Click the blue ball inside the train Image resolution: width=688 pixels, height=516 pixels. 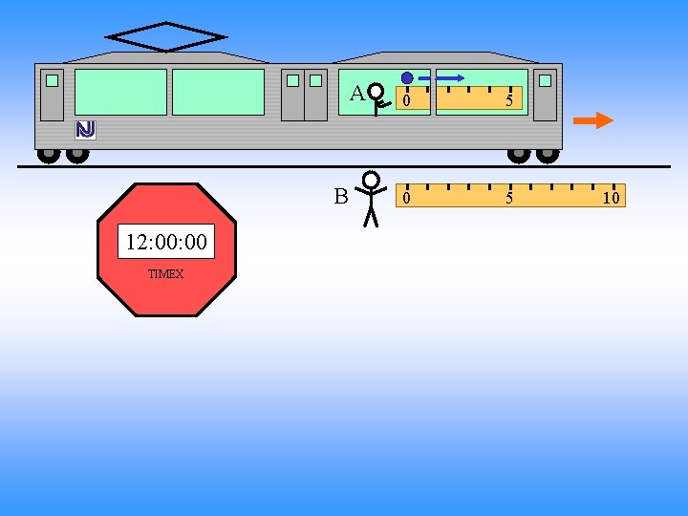tap(407, 77)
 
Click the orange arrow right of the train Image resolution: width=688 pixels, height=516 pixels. tap(592, 120)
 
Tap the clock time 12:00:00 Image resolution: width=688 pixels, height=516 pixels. tap(166, 243)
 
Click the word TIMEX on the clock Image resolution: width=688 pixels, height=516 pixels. tap(166, 274)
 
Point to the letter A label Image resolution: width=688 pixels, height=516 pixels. tap(356, 94)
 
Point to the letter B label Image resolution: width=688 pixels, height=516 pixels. tap(341, 197)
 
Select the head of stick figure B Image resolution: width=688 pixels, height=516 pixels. tap(372, 180)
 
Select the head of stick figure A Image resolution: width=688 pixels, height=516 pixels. tap(377, 92)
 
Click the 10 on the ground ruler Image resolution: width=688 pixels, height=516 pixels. tap(611, 199)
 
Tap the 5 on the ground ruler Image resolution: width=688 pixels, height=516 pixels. tap(509, 199)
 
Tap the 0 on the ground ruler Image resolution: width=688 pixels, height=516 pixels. tap(407, 199)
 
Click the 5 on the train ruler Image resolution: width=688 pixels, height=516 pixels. tap(509, 100)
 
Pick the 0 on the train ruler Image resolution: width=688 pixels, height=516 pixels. tap(407, 100)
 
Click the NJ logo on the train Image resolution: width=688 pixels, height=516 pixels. tap(86, 129)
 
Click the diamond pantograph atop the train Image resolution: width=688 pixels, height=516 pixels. tap(166, 37)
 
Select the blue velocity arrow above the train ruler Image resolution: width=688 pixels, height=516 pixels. tap(442, 77)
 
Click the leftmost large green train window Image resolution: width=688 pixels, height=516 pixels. tap(120, 92)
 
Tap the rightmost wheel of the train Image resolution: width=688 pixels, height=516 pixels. tap(548, 153)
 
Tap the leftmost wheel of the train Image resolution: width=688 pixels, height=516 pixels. tap(47, 153)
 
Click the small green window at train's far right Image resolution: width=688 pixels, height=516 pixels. tap(545, 81)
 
